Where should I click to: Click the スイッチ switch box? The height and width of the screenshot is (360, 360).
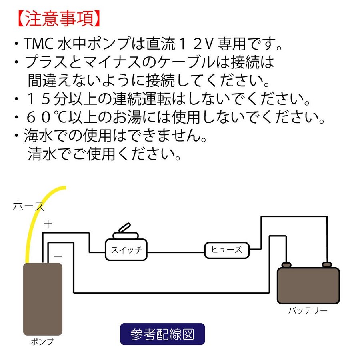pyautogui.click(x=126, y=251)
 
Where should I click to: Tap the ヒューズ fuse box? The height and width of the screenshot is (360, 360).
pyautogui.click(x=226, y=250)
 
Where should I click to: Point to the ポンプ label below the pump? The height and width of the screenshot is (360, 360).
pyautogui.click(x=42, y=342)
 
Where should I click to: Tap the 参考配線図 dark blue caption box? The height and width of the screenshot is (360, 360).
pyautogui.click(x=162, y=334)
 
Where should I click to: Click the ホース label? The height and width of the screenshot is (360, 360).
pyautogui.click(x=28, y=206)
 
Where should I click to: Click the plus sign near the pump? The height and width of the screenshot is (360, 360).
pyautogui.click(x=48, y=224)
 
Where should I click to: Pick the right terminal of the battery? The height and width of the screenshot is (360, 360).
pyautogui.click(x=327, y=264)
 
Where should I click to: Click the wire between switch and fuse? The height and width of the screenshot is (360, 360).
pyautogui.click(x=176, y=252)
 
